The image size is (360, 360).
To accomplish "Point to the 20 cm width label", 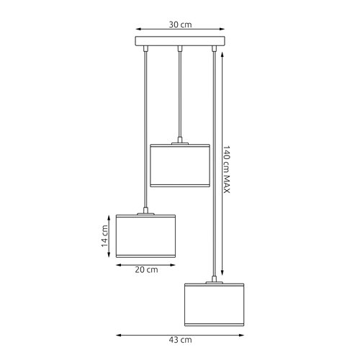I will pyautogui.click(x=147, y=270).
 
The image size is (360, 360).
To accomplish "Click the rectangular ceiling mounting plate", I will pyautogui.click(x=180, y=41).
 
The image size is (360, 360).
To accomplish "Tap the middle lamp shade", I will pyautogui.click(x=179, y=166).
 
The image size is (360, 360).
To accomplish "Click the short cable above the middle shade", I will pyautogui.click(x=179, y=94).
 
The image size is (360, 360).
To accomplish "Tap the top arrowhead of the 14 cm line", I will pyautogui.click(x=112, y=215).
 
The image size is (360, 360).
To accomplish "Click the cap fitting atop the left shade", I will pyautogui.click(x=147, y=212).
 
